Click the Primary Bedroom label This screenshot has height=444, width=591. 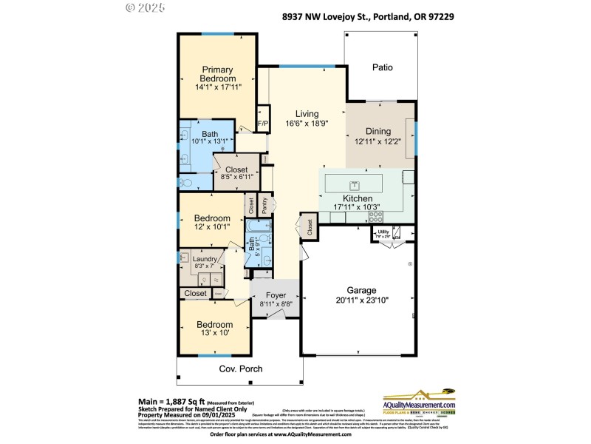tap(218, 74)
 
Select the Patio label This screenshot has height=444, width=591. tap(382, 67)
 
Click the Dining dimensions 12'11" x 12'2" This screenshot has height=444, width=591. tap(378, 142)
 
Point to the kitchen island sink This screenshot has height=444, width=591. tap(355, 184)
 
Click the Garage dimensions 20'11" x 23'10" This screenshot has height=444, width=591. tap(357, 300)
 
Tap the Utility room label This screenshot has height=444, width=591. tap(383, 232)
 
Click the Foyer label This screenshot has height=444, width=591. tap(276, 295)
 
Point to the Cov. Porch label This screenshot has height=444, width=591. tap(240, 369)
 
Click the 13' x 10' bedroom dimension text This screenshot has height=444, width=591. tap(214, 334)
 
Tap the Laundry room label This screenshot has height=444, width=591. tap(204, 259)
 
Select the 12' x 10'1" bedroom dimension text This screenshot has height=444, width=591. tap(212, 229)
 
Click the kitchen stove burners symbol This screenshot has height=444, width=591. tap(376, 217)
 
